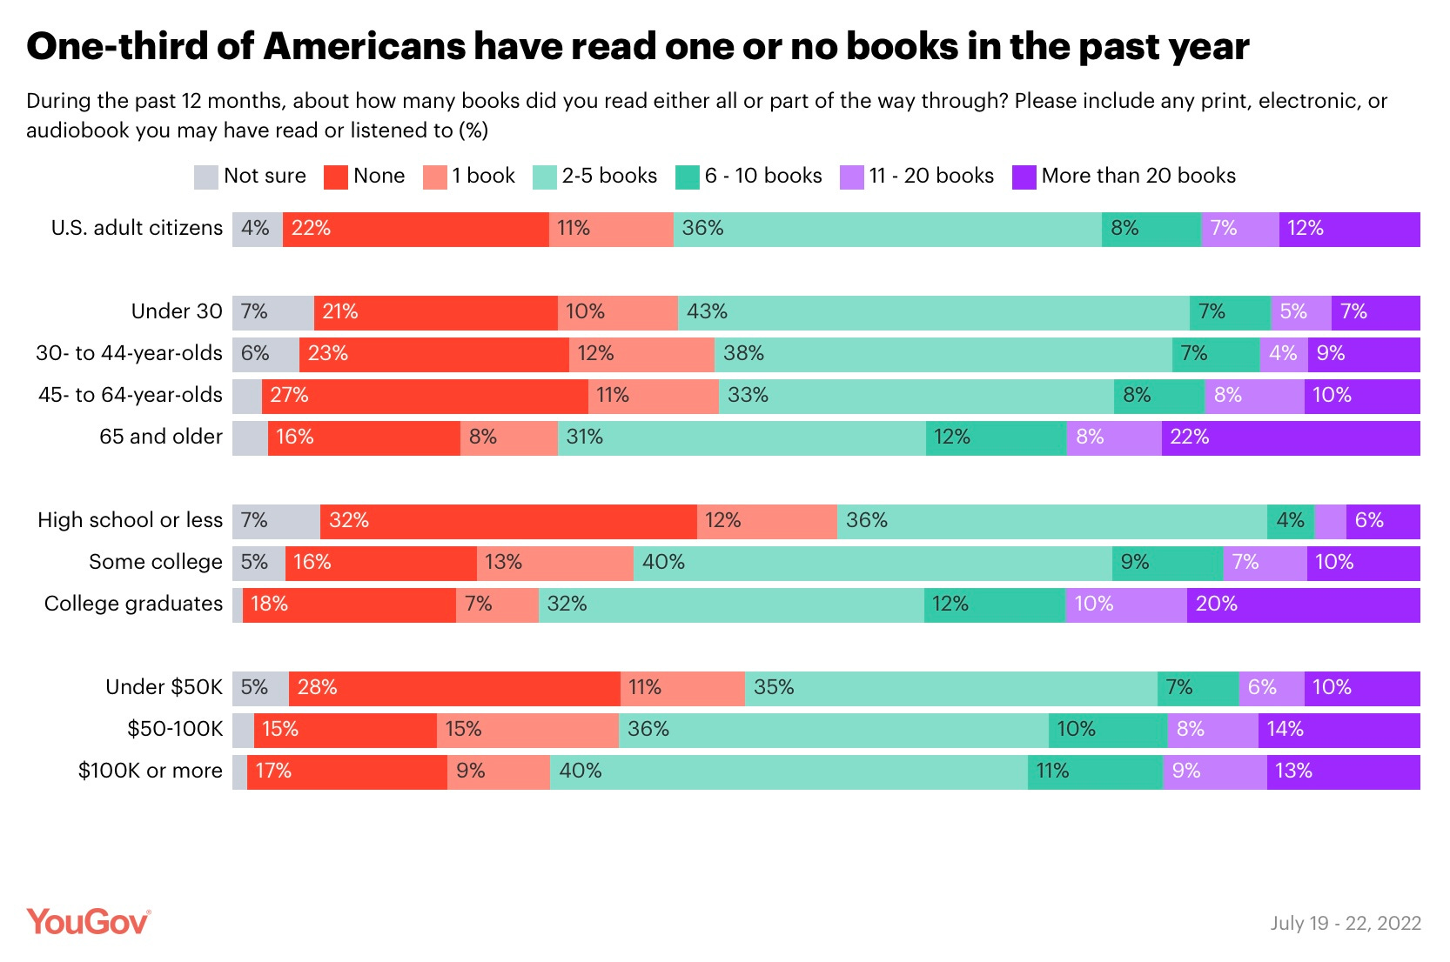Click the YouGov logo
(88, 922)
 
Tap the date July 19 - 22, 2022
(1345, 923)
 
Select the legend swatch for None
(336, 177)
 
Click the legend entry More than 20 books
(1138, 176)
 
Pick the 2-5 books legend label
(608, 176)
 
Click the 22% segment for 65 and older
(1290, 438)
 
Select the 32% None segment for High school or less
(508, 521)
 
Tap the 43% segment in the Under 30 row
(933, 312)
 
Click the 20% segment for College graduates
(1303, 605)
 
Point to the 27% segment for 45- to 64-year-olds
(425, 396)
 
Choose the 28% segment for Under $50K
(454, 688)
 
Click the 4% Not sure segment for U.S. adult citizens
(257, 229)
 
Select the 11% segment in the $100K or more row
(1095, 772)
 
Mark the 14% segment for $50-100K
(1339, 730)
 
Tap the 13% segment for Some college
(554, 563)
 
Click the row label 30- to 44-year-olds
(129, 353)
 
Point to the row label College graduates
(133, 604)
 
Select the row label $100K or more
(150, 771)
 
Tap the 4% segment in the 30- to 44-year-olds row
(1283, 354)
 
